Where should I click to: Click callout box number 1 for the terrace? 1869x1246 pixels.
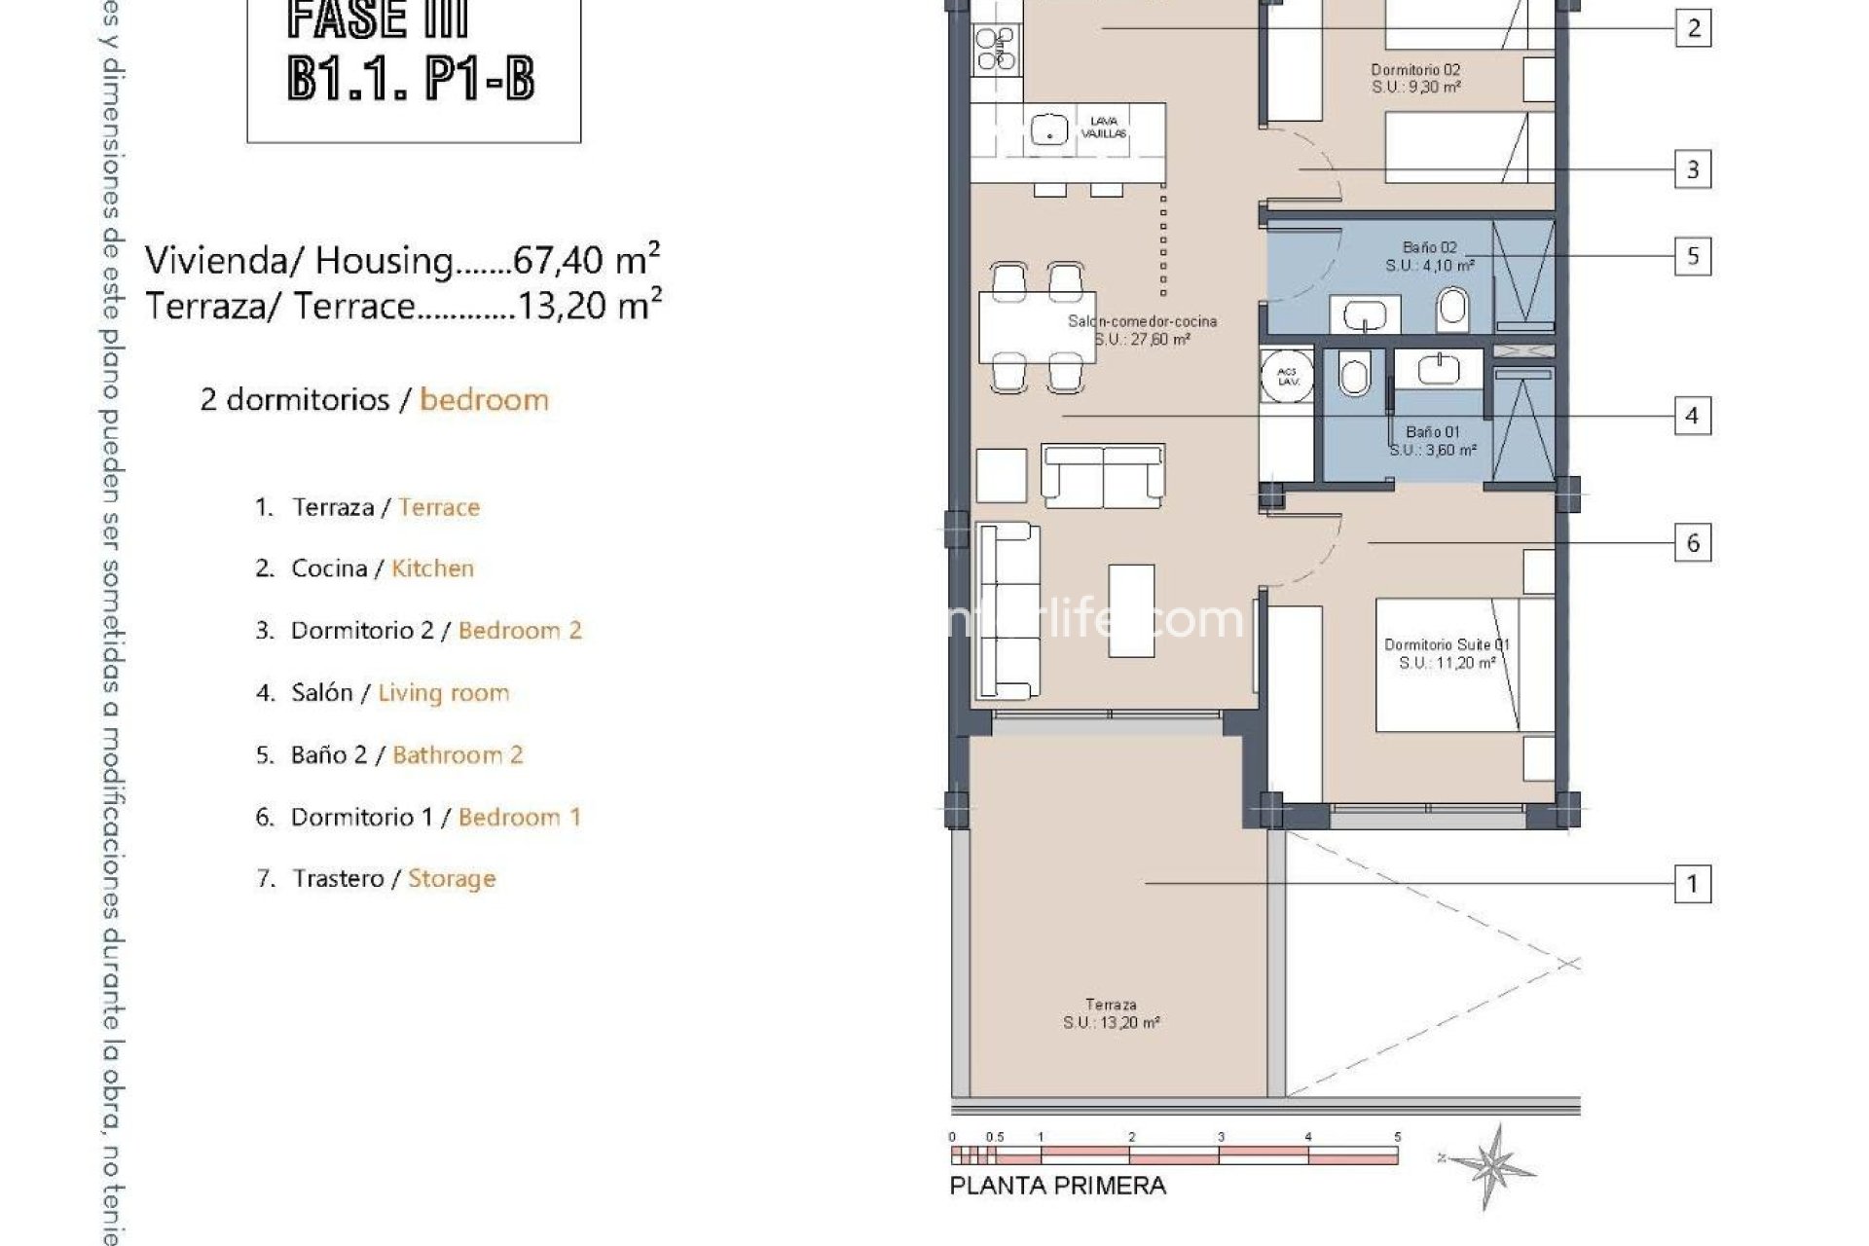coord(1692,884)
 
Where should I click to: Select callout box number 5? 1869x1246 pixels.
coord(1692,256)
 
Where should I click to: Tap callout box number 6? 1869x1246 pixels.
coord(1692,542)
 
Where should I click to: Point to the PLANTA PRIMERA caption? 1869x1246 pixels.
coord(1057,1186)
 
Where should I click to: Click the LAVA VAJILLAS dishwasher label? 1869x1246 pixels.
coord(1104,128)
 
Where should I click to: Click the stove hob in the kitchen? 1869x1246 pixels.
coord(996,49)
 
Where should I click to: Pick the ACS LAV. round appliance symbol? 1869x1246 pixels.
coord(1288,376)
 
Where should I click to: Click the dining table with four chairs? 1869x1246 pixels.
coord(1038,327)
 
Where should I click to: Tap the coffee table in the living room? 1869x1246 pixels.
coord(1131,610)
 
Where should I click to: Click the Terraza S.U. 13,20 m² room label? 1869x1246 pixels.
coord(1111,1013)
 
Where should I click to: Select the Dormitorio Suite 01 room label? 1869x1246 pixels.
coord(1447,653)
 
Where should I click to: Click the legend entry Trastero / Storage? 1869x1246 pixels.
coord(394,878)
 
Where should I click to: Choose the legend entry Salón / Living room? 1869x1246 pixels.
coord(400,692)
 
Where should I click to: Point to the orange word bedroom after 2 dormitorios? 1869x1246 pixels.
coord(484,399)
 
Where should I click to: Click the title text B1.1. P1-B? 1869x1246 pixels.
coord(411,78)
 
